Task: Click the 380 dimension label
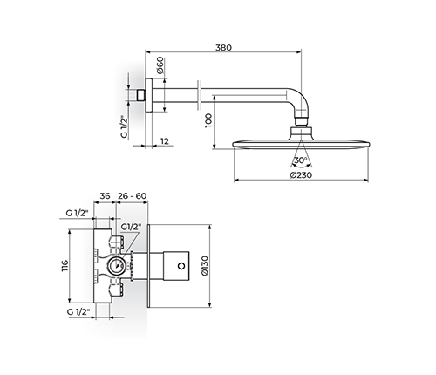pyautogui.click(x=223, y=47)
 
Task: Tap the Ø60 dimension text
pyautogui.click(x=160, y=65)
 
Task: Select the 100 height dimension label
pyautogui.click(x=208, y=120)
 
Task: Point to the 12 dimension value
pyautogui.click(x=165, y=141)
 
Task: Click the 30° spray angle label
pyautogui.click(x=301, y=160)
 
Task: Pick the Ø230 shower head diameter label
pyautogui.click(x=301, y=174)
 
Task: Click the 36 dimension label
pyautogui.click(x=105, y=196)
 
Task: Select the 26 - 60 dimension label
pyautogui.click(x=133, y=196)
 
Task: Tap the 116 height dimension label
pyautogui.click(x=65, y=266)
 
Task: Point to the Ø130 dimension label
pyautogui.click(x=205, y=266)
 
